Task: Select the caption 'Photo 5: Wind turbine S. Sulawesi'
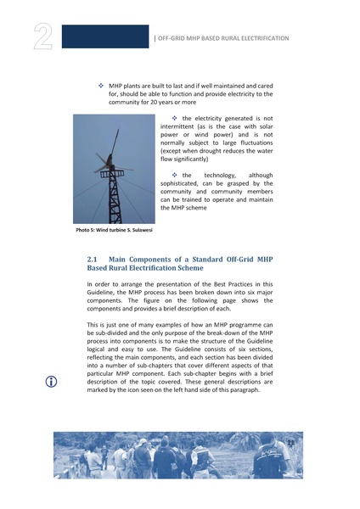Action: (115, 230)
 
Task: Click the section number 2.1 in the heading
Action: (94, 258)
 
